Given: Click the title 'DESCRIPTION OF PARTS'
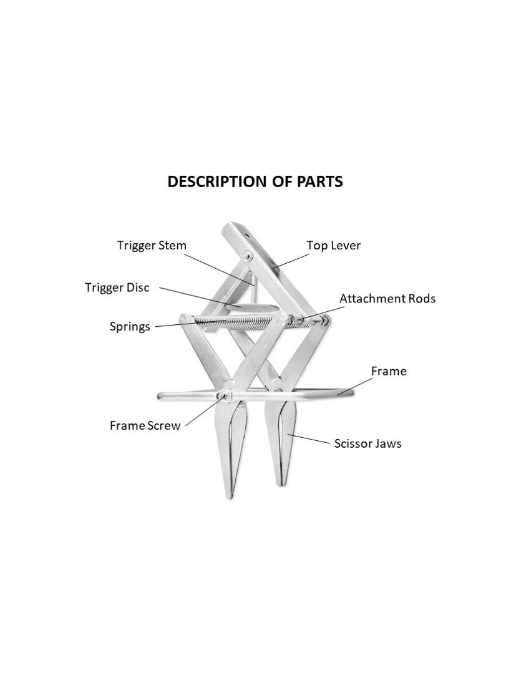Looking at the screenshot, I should tap(255, 181).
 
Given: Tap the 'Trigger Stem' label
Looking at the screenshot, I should tap(152, 245).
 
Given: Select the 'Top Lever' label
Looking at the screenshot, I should tap(333, 245).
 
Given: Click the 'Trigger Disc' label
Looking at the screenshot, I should tap(117, 287).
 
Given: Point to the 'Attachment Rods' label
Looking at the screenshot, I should tap(387, 298).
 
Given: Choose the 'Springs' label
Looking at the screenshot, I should tap(130, 326).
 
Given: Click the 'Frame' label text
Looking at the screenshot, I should tap(389, 371).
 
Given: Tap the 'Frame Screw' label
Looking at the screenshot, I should tap(145, 425).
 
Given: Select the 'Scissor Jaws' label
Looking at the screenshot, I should tap(367, 443).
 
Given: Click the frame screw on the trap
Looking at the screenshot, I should tap(222, 395).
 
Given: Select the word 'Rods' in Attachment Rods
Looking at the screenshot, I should tap(421, 298).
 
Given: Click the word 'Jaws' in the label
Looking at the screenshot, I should tap(387, 443).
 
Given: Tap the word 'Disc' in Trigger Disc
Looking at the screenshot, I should tap(137, 287).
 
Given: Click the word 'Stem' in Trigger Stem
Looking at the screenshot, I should tap(172, 245).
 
